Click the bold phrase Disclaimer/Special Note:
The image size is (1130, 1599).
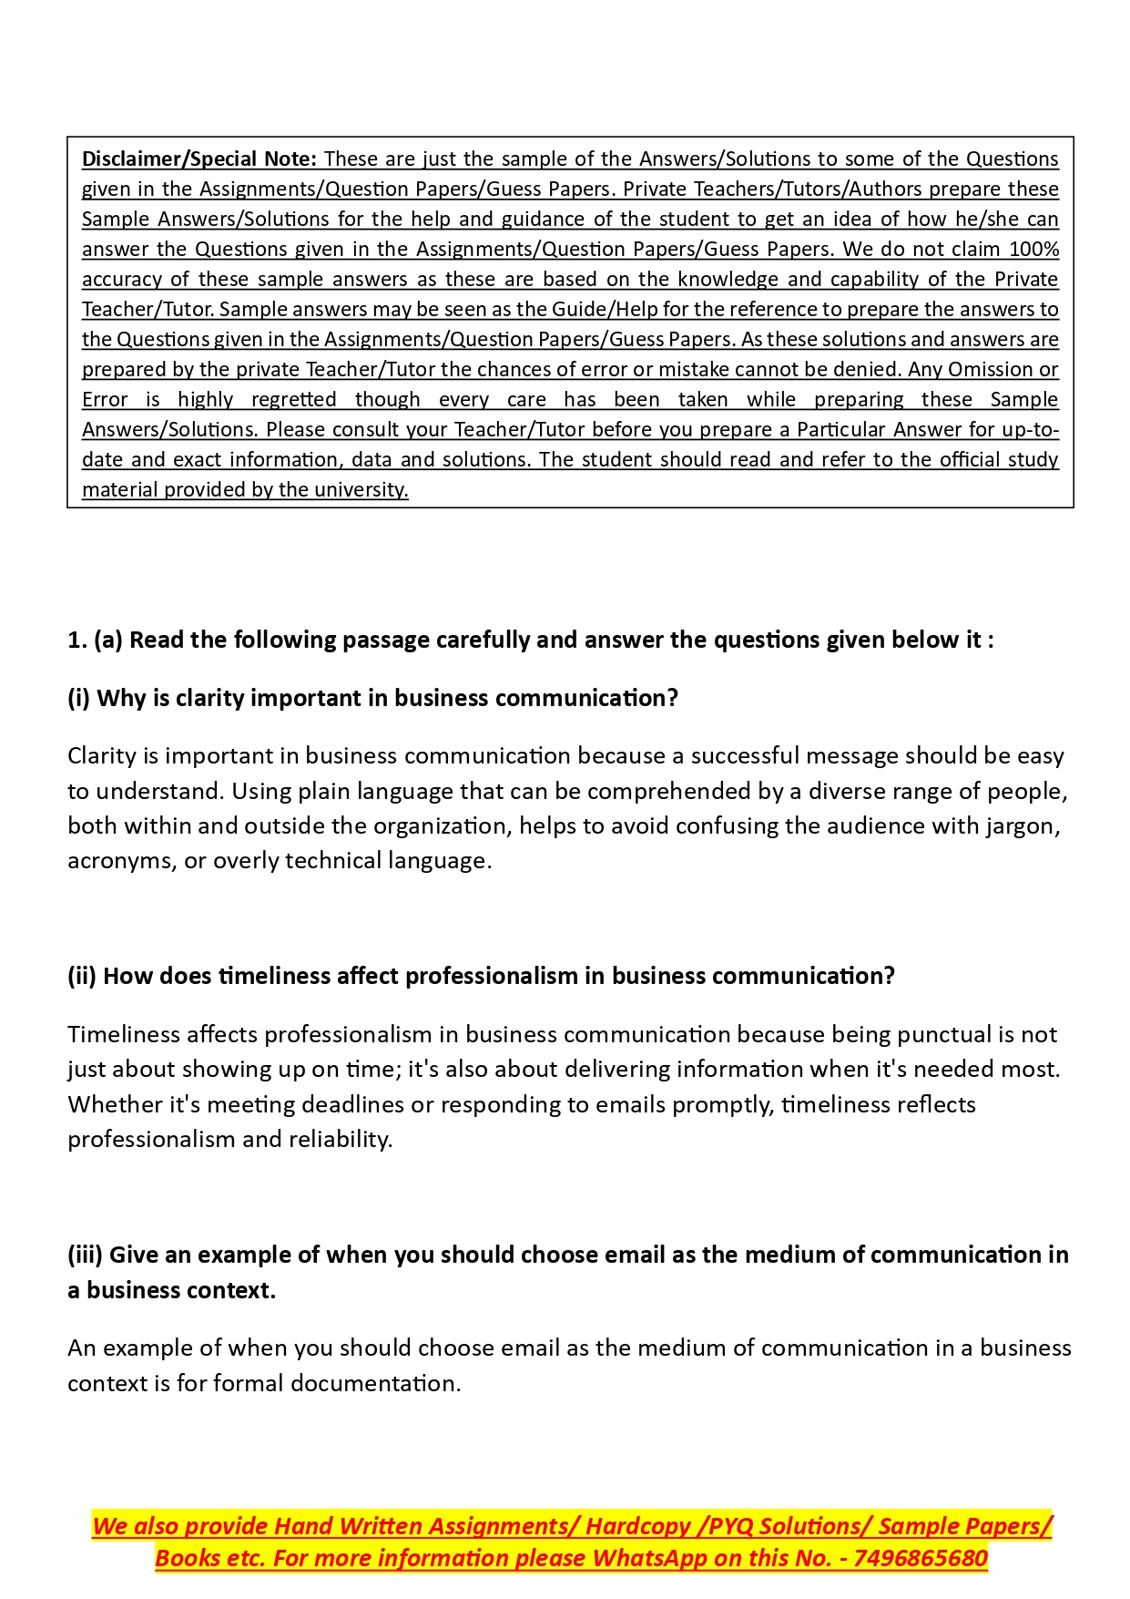click(199, 159)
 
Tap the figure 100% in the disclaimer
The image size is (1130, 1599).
click(1033, 249)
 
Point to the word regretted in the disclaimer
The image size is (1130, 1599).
click(293, 399)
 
